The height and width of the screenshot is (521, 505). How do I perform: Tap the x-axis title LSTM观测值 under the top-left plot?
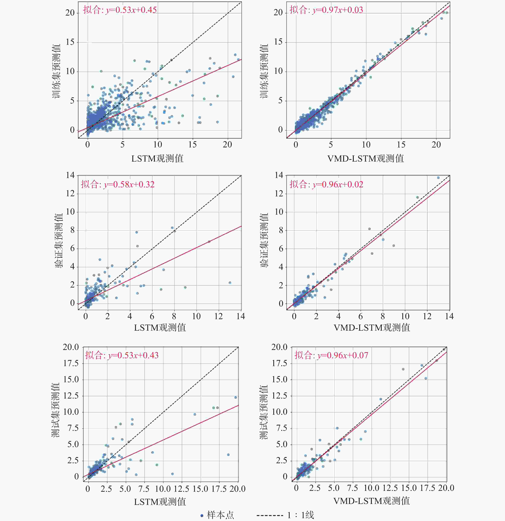(x=157, y=159)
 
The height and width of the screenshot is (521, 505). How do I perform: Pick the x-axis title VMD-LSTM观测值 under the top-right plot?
(x=366, y=159)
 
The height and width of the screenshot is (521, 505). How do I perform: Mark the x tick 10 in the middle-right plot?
(x=405, y=316)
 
